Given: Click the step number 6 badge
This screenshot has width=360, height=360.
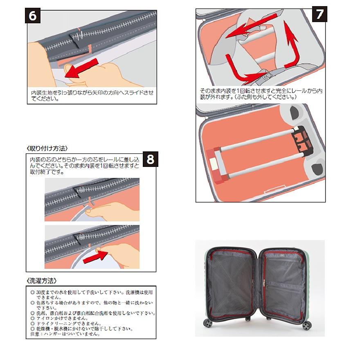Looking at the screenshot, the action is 33,17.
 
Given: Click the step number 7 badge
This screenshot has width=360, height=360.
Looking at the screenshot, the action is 319,14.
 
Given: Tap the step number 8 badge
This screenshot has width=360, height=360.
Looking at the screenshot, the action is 150,159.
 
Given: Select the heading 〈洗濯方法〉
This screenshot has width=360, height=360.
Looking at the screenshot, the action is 41,281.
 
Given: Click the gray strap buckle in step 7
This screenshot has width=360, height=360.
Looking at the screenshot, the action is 266,76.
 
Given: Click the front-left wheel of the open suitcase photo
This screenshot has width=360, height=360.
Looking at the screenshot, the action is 209,323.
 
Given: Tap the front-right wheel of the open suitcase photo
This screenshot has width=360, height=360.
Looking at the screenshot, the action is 307,325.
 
